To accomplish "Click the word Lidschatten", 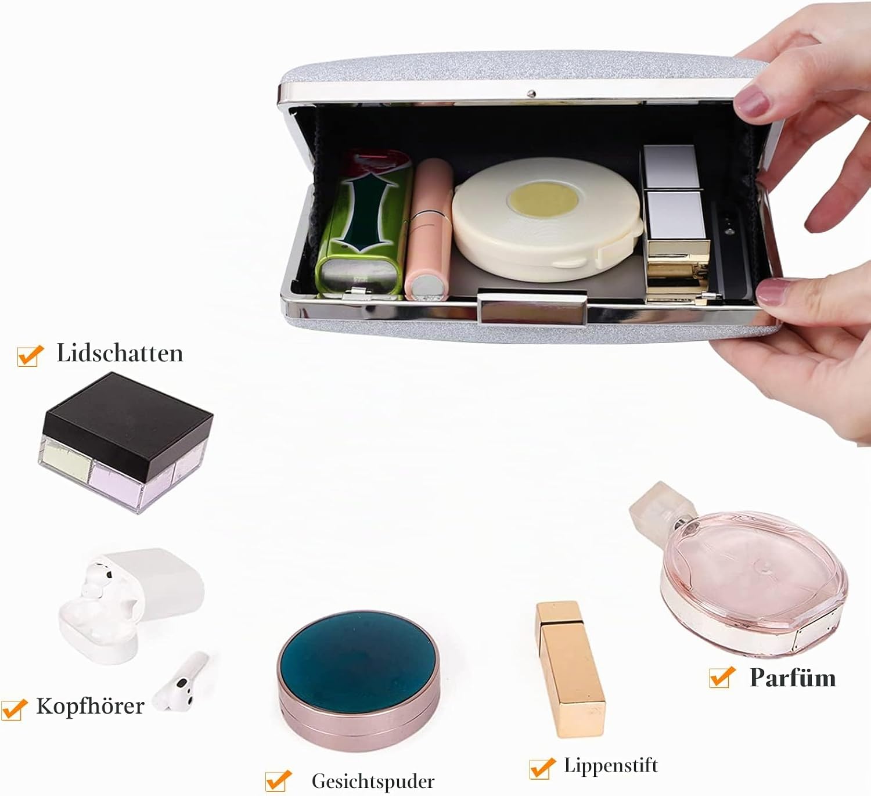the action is [x=120, y=353].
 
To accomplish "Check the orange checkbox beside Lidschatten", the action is [x=30, y=356].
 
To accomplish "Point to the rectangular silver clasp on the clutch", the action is [x=532, y=308].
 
